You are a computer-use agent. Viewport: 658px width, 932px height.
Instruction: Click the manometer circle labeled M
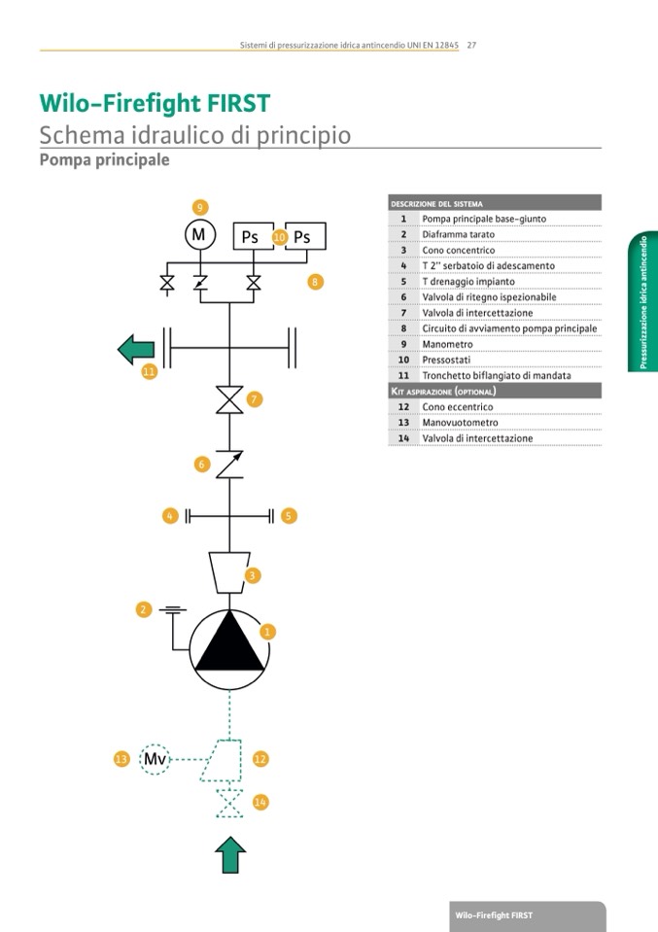pos(199,235)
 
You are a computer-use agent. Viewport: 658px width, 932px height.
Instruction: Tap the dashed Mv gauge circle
pos(155,759)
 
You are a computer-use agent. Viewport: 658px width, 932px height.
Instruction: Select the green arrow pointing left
pos(138,347)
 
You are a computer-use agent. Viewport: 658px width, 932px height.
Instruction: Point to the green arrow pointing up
pos(230,854)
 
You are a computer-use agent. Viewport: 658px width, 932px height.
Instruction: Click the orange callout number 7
pos(255,399)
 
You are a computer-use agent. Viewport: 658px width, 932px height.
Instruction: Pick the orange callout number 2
pos(144,609)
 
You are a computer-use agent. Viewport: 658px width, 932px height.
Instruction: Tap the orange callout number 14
pos(260,802)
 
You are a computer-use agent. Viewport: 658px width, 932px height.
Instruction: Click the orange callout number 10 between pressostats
pos(279,236)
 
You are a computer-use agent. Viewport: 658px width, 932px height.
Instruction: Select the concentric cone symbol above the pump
pos(229,572)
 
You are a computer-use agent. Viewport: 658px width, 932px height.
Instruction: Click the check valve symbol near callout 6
pos(229,465)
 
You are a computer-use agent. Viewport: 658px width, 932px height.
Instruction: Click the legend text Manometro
pos(447,344)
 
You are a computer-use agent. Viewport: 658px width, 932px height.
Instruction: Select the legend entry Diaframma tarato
pos(458,234)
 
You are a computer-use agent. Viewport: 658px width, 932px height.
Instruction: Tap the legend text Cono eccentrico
pos(457,407)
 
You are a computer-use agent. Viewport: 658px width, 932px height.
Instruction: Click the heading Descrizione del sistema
pos(436,204)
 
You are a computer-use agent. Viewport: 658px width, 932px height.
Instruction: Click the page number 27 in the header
pos(471,45)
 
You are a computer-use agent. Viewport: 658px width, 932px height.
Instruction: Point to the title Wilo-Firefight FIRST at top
pos(155,104)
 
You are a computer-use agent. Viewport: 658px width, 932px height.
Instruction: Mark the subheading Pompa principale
pos(104,159)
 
